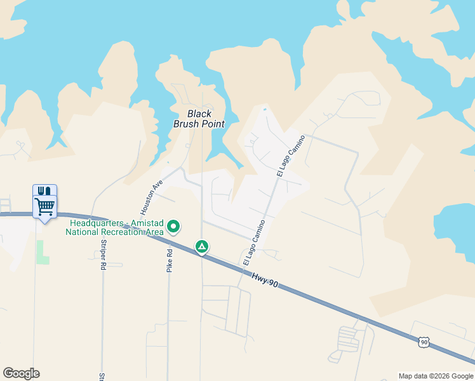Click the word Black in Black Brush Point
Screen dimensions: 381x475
point(199,114)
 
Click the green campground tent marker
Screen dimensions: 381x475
point(201,246)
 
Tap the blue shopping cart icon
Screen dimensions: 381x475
point(44,206)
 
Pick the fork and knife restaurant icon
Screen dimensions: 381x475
point(44,190)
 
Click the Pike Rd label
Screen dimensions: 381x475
point(170,260)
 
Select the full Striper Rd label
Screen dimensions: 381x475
point(102,255)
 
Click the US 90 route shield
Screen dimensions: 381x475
point(424,342)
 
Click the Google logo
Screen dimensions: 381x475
point(21,373)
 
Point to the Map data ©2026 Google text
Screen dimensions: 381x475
point(436,376)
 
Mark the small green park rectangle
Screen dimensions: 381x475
point(43,252)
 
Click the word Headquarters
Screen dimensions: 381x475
point(97,223)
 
